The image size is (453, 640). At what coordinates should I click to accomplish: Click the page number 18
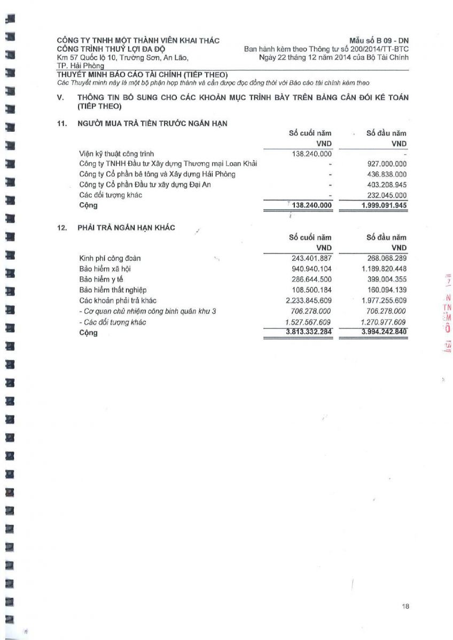[405, 606]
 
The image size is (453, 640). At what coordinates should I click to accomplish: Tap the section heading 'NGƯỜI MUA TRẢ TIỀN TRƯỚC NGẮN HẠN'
[152, 124]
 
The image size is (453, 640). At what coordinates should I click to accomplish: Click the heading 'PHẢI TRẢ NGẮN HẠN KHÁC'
[126, 228]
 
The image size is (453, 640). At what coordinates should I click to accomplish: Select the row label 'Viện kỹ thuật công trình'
[116, 154]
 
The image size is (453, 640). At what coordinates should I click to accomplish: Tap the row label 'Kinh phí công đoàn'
[110, 259]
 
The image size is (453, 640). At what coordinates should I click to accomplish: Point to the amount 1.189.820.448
[384, 269]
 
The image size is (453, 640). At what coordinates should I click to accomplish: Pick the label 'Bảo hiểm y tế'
[101, 279]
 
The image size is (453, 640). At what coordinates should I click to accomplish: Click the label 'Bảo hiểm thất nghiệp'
[113, 290]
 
